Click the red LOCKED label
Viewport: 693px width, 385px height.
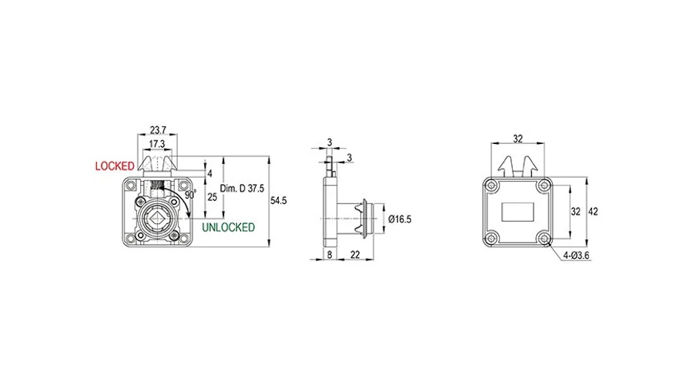115,166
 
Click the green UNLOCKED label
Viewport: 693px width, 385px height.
229,227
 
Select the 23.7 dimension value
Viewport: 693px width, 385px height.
158,130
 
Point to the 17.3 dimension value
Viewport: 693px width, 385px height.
157,144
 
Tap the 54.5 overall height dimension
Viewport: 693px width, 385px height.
279,201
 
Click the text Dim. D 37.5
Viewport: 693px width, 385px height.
243,189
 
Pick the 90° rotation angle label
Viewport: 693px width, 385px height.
190,195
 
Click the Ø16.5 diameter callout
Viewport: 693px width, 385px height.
400,219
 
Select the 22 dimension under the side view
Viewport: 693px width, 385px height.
355,255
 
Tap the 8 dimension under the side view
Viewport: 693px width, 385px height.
330,255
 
